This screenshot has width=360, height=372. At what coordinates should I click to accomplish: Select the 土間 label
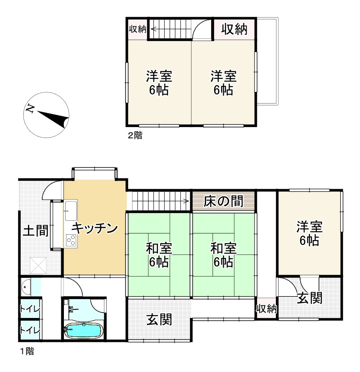[x=36, y=231]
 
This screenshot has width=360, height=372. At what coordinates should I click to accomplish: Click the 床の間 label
[x=224, y=201]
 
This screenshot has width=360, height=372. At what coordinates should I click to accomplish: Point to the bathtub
[x=83, y=331]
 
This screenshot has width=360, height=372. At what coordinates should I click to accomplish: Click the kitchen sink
[x=71, y=209]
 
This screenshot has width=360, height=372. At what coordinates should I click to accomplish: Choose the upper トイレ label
[x=30, y=309]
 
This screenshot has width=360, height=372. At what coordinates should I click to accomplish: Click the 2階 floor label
[x=135, y=135]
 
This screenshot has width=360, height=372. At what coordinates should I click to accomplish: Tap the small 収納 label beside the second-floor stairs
[x=138, y=29]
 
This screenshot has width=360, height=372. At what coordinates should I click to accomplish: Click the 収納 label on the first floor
[x=266, y=309]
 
